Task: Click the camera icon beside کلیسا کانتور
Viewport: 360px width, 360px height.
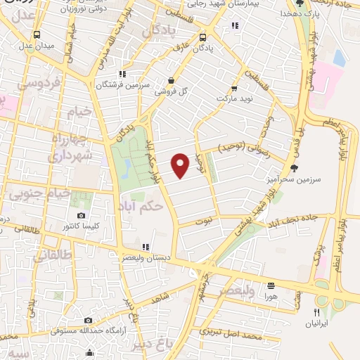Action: tap(81, 215)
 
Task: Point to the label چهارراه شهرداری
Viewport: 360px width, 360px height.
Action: tap(68, 148)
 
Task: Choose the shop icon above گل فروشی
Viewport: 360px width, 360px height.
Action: tap(172, 79)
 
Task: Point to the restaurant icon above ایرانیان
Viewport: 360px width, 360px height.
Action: tap(317, 312)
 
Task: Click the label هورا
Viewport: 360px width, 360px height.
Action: tap(271, 297)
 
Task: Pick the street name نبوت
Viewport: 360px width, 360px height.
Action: tap(202, 221)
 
